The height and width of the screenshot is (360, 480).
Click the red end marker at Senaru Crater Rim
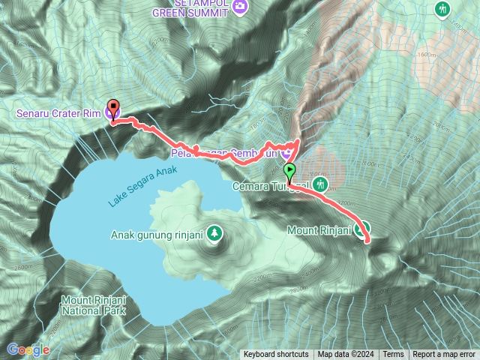pyautogui.click(x=113, y=107)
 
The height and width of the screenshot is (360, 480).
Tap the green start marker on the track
pyautogui.click(x=289, y=169)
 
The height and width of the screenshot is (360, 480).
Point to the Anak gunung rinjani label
pyautogui.click(x=157, y=233)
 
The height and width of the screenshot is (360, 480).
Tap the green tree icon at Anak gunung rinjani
pyautogui.click(x=215, y=233)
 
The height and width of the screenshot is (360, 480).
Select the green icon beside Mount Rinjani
pyautogui.click(x=361, y=231)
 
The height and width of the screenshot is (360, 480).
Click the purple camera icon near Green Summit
pyautogui.click(x=240, y=7)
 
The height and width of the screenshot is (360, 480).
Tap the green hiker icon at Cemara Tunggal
pyautogui.click(x=321, y=183)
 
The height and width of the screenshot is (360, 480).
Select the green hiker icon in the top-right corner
pyautogui.click(x=442, y=8)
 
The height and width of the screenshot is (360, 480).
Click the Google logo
pyautogui.click(x=28, y=349)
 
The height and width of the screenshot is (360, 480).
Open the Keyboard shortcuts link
pyautogui.click(x=276, y=355)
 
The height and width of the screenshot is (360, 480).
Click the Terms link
pyautogui.click(x=393, y=355)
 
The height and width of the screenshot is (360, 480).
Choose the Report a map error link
pyautogui.click(x=445, y=355)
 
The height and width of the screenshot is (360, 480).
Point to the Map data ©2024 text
pyautogui.click(x=345, y=355)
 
